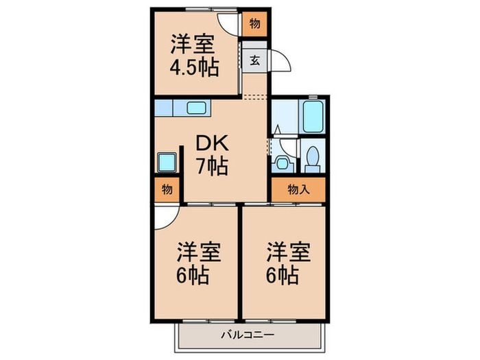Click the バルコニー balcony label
(248, 335)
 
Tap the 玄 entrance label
(254, 60)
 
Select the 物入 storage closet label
(298, 190)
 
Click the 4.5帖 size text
(194, 68)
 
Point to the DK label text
(212, 143)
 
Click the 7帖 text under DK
(212, 166)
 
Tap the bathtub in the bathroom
(312, 117)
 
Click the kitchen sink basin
(196, 108)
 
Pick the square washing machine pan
(167, 162)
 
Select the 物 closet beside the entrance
(254, 24)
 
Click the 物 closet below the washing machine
(167, 190)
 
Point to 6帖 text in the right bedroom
(282, 275)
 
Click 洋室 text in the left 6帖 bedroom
(199, 252)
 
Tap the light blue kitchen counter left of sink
(164, 108)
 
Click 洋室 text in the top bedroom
(193, 45)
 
